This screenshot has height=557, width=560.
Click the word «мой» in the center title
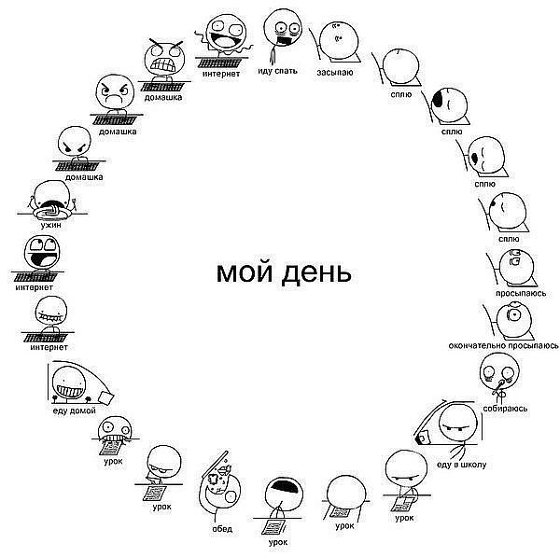[x=245, y=272]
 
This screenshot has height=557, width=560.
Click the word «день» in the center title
[x=316, y=274]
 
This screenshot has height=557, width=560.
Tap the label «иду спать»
[x=277, y=71]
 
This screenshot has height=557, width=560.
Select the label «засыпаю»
[x=335, y=73]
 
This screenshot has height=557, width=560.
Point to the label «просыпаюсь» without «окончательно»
[x=521, y=293]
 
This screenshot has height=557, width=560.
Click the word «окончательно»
[x=477, y=345]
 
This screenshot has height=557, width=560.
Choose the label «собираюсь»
[x=505, y=408]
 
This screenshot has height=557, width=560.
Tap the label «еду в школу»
[x=461, y=465]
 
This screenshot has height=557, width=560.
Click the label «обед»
[x=222, y=528]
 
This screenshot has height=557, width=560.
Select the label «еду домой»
[x=75, y=411]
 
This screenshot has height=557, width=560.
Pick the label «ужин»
[x=50, y=225]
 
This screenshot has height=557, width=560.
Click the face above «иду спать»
[x=283, y=28]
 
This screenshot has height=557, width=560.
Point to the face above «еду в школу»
[x=457, y=424]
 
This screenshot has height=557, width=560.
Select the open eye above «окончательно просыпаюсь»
[x=514, y=314]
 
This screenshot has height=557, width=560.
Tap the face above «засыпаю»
[x=338, y=40]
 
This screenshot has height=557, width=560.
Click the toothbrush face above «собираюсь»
[x=499, y=371]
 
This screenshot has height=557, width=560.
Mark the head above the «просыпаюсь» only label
[x=516, y=267]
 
